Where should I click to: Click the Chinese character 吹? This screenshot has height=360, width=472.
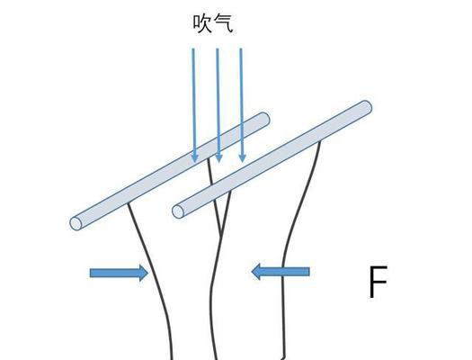[202, 23]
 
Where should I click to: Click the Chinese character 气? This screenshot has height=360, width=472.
[223, 23]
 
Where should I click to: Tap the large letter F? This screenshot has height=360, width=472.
[378, 282]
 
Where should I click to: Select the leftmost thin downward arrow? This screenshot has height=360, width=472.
[194, 105]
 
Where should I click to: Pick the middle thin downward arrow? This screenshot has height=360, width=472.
[218, 105]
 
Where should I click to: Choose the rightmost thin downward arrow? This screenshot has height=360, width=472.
[242, 105]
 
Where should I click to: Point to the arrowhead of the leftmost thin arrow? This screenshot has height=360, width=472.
[195, 158]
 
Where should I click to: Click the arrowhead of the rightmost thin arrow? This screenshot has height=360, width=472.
[243, 158]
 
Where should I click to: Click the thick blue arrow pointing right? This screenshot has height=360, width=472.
[119, 273]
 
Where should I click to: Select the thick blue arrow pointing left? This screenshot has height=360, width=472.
[281, 272]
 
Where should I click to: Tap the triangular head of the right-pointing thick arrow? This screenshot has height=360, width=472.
[144, 273]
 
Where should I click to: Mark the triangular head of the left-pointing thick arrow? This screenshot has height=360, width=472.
[256, 272]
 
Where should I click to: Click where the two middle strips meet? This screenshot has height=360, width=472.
[221, 235]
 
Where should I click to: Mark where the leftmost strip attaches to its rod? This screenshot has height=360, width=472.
[129, 203]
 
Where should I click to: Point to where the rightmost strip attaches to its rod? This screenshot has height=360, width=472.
[319, 142]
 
